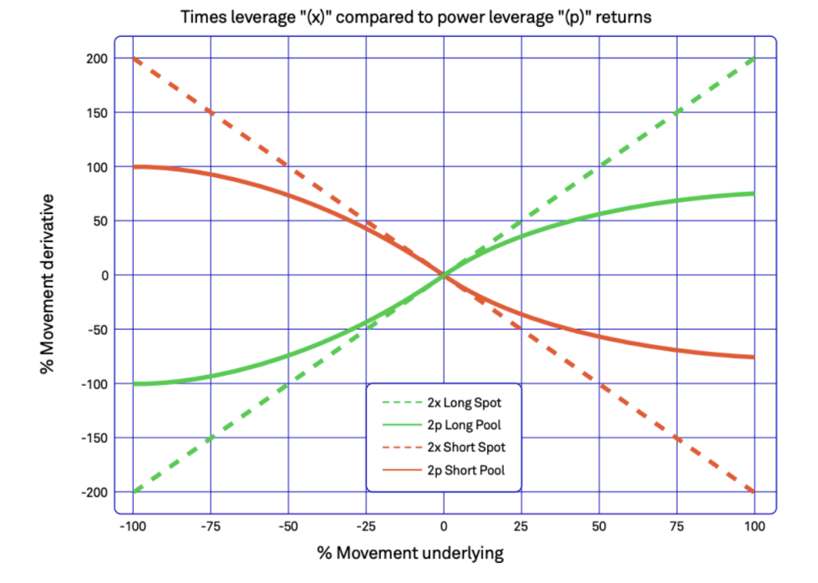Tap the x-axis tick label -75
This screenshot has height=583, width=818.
(x=210, y=527)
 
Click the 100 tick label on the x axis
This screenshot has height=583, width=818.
(x=754, y=527)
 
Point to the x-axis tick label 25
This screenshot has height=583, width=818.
(x=521, y=527)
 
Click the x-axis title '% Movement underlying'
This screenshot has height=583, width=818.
(x=411, y=554)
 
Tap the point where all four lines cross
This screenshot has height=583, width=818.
(x=444, y=275)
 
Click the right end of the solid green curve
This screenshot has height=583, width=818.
(x=754, y=194)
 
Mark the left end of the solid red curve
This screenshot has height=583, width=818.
(x=134, y=167)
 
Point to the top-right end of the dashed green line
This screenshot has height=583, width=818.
(x=754, y=58)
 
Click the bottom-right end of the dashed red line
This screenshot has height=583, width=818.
(x=754, y=492)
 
